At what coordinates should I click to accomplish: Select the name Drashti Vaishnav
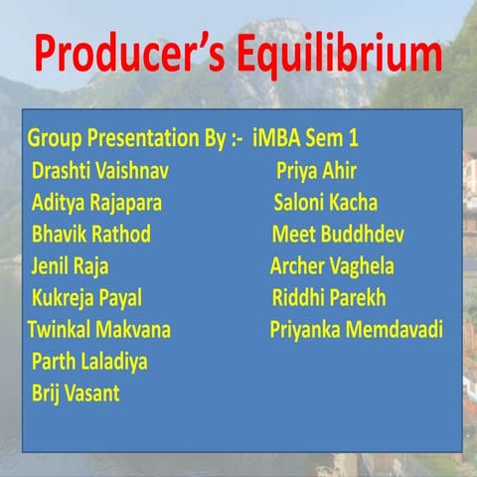pos(100,171)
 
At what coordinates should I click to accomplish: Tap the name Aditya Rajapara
pos(96,203)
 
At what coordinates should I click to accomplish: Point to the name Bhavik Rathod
pos(91,235)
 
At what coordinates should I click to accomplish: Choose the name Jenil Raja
pos(71,266)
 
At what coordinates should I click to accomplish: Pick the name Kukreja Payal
pos(87,298)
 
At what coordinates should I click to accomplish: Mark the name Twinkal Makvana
pos(99,329)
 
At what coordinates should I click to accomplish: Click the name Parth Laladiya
pos(89,361)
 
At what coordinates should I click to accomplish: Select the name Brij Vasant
pos(76,393)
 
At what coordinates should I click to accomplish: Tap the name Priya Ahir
pos(316,171)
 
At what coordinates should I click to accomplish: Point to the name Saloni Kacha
pos(326,203)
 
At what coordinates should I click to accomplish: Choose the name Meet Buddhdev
pos(338,235)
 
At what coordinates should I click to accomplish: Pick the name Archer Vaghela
pos(332,266)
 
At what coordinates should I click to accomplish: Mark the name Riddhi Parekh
pos(329,298)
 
